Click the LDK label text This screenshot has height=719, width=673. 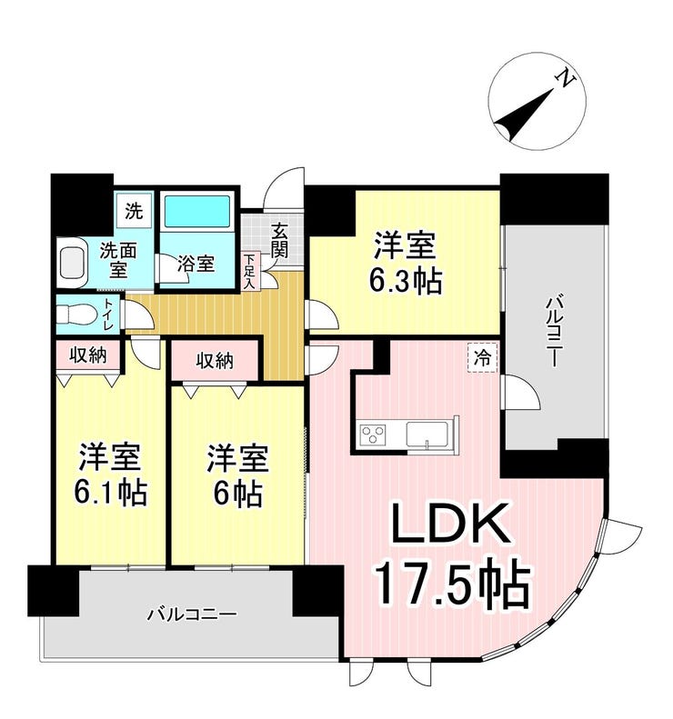click(x=450, y=524)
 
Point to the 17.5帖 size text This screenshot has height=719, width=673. click(x=453, y=582)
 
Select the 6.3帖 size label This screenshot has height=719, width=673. click(x=406, y=281)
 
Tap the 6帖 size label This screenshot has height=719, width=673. click(x=237, y=493)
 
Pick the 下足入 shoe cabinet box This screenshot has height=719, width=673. click(x=249, y=271)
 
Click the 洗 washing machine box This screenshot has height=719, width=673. click(x=134, y=211)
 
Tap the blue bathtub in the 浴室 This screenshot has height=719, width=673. click(x=196, y=211)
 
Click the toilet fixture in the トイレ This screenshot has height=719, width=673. click(x=76, y=315)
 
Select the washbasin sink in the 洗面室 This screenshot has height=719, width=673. click(x=73, y=263)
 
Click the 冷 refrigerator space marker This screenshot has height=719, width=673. click(x=482, y=357)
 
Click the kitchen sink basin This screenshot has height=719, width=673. click(x=427, y=434)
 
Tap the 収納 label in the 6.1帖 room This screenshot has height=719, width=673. click(x=88, y=355)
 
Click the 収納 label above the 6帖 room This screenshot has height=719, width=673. click(x=215, y=361)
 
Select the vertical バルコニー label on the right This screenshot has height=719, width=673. click(x=553, y=332)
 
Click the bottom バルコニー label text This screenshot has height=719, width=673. click(x=192, y=614)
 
